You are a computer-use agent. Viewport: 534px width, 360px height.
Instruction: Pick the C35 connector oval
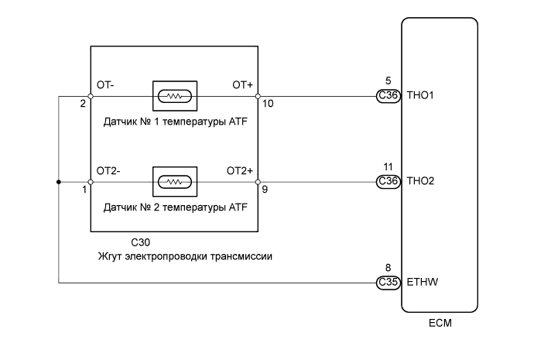click(x=387, y=283)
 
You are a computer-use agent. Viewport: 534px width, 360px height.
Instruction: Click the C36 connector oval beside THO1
click(x=387, y=96)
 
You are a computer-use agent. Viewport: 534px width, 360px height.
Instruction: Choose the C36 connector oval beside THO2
click(x=387, y=182)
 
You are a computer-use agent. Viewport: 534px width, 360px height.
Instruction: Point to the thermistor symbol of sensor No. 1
click(x=175, y=97)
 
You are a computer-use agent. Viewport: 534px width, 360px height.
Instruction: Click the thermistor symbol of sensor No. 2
click(x=175, y=182)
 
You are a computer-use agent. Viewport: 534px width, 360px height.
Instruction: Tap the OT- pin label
click(x=105, y=84)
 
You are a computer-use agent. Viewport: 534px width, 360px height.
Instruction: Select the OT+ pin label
click(x=242, y=84)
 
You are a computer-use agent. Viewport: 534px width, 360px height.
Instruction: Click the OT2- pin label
click(x=108, y=170)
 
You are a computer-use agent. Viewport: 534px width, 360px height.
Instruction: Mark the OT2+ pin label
click(x=239, y=170)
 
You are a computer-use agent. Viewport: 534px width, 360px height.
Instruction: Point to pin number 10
click(x=267, y=103)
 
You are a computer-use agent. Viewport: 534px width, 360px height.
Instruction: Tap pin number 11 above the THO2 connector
click(x=387, y=166)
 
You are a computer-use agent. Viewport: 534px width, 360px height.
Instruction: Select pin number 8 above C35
click(x=387, y=268)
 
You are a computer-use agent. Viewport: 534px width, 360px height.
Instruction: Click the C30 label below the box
click(x=142, y=242)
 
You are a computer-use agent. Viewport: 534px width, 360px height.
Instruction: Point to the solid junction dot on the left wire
click(x=59, y=182)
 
